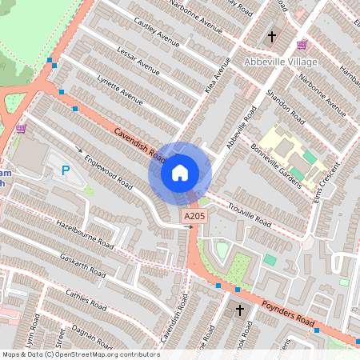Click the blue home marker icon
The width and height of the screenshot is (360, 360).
pos(180,172)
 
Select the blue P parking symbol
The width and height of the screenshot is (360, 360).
pos(66,170)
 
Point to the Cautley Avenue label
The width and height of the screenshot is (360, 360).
pos(157,34)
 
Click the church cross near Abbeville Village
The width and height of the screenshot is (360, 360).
pos(271,37)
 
